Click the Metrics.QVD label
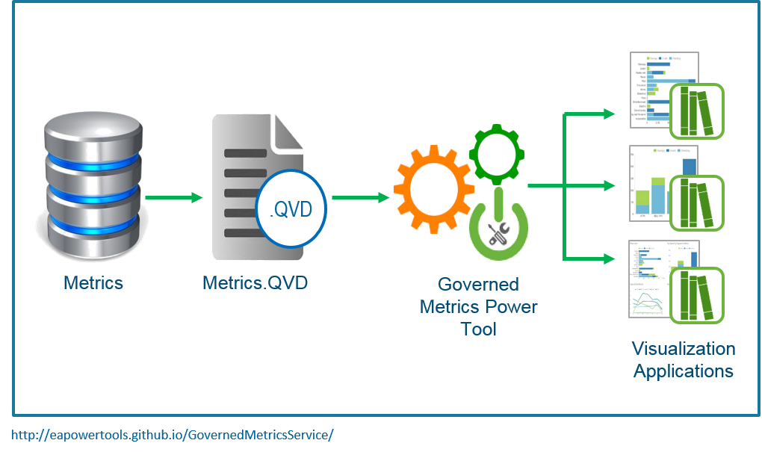pos(255,283)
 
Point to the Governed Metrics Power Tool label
pos(478,306)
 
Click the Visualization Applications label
pos(684,359)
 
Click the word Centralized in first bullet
pos(97,107)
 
